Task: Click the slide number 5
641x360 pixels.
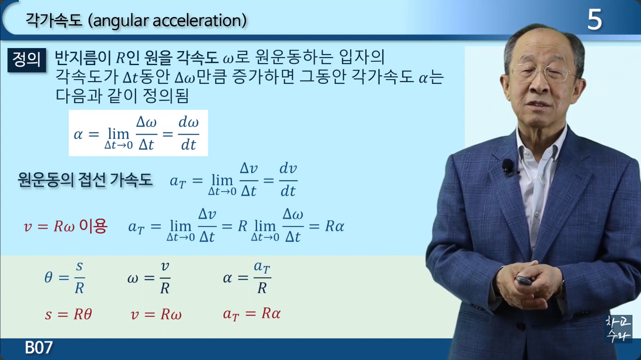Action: tap(595, 20)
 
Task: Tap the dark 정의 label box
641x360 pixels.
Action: tap(27, 60)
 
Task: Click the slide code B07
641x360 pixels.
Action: tap(39, 347)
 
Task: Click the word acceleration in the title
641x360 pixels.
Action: tap(197, 20)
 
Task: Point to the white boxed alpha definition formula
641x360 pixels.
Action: tap(138, 133)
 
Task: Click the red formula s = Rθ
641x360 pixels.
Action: tap(69, 314)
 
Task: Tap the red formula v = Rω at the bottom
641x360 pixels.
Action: tap(156, 314)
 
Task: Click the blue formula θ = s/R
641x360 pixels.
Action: tap(65, 277)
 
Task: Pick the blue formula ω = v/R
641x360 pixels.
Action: tap(149, 277)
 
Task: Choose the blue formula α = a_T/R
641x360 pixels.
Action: tap(247, 277)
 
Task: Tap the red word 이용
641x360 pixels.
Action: tap(93, 226)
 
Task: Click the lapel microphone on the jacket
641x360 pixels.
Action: tap(508, 166)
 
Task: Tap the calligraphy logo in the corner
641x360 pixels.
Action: tap(618, 329)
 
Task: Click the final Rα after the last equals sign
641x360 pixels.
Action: tap(335, 226)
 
